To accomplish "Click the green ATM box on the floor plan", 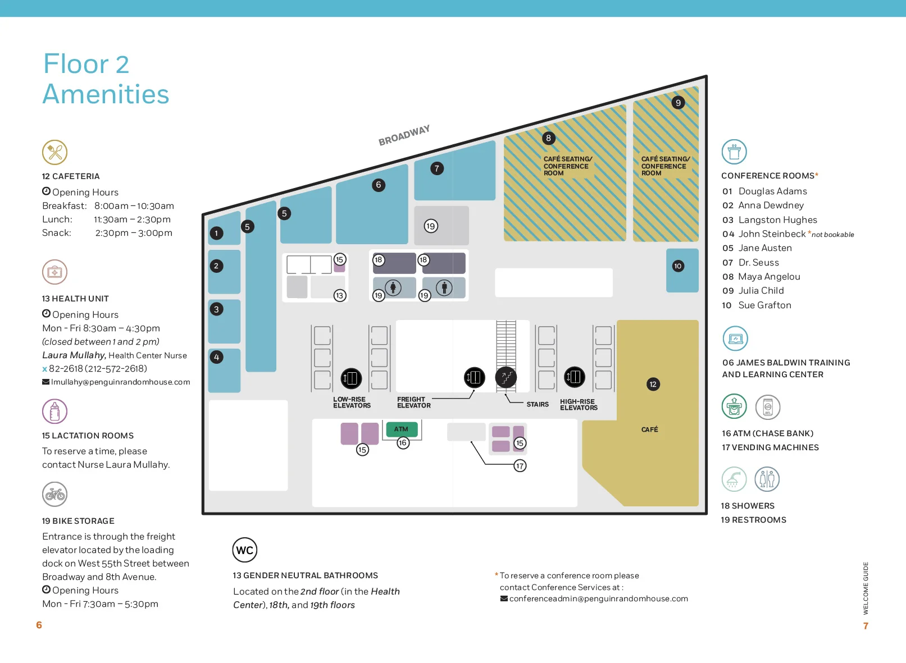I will (401, 429).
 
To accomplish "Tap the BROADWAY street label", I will (404, 135).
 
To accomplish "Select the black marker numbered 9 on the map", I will (678, 103).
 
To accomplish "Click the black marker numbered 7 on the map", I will (436, 168).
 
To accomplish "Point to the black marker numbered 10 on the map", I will (678, 266).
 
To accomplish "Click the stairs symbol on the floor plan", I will (506, 377).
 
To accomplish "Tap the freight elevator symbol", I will (474, 377).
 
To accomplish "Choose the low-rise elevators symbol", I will (351, 378).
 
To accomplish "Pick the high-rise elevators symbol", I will (574, 377).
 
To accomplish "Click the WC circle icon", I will (245, 550).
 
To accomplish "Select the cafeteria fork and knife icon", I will (54, 152).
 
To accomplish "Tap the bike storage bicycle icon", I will (54, 494).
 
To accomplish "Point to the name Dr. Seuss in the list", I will (758, 263).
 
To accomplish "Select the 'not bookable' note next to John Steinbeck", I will (832, 235).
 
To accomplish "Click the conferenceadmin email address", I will (598, 599).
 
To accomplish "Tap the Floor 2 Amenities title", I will (106, 79).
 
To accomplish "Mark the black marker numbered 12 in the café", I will (653, 385).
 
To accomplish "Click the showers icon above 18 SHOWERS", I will (734, 479).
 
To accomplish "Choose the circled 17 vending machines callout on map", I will (520, 466).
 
